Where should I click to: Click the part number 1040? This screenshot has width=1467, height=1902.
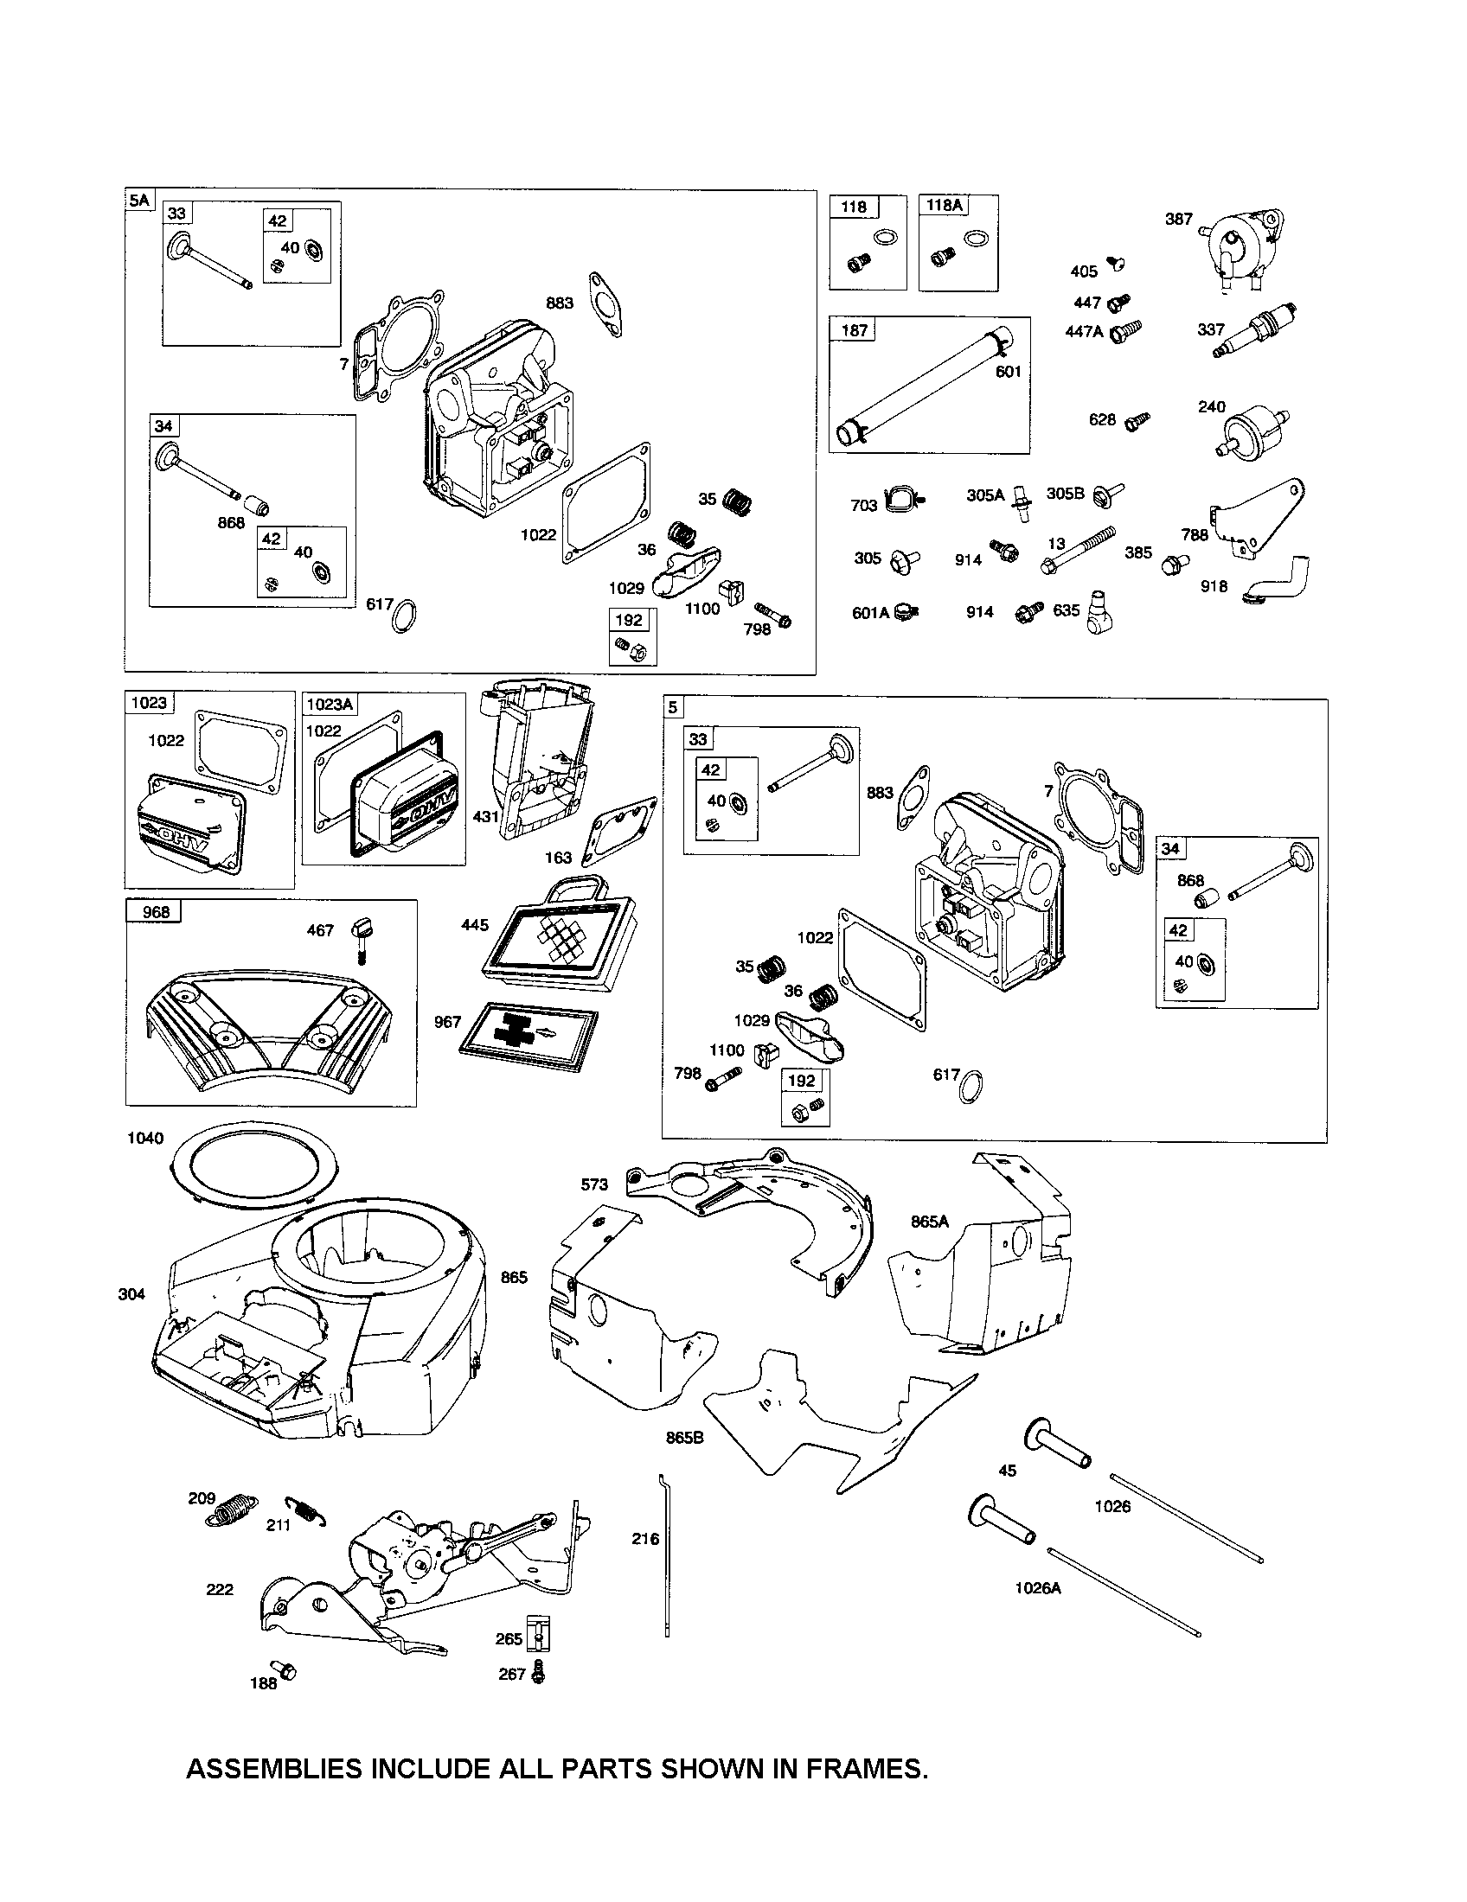click(x=144, y=1138)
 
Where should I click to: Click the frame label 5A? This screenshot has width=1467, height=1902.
click(x=138, y=201)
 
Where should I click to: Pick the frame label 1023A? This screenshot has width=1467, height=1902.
click(x=329, y=704)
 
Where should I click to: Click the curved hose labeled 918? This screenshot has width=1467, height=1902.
click(x=1279, y=582)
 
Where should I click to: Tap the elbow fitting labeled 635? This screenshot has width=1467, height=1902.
click(x=1101, y=609)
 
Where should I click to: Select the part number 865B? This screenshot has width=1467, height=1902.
click(x=684, y=1438)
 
